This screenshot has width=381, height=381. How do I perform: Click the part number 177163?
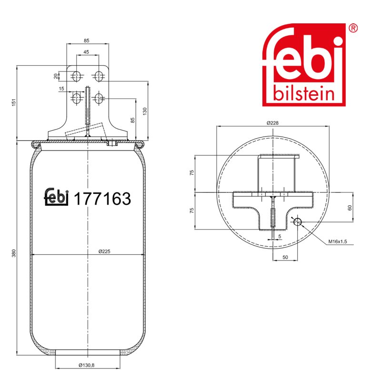[102, 199]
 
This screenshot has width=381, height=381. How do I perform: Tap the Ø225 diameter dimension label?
[104, 251]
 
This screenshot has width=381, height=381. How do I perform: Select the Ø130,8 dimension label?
[87, 365]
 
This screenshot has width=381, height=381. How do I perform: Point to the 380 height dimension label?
[14, 253]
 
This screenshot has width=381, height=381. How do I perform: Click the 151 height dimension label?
[14, 102]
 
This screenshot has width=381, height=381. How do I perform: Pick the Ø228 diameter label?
[272, 123]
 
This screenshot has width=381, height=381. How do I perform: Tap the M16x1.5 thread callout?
[338, 241]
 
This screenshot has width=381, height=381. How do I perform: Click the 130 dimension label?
[145, 111]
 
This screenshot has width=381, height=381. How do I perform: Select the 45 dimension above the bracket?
[86, 52]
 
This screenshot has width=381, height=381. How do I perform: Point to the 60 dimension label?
[350, 208]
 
